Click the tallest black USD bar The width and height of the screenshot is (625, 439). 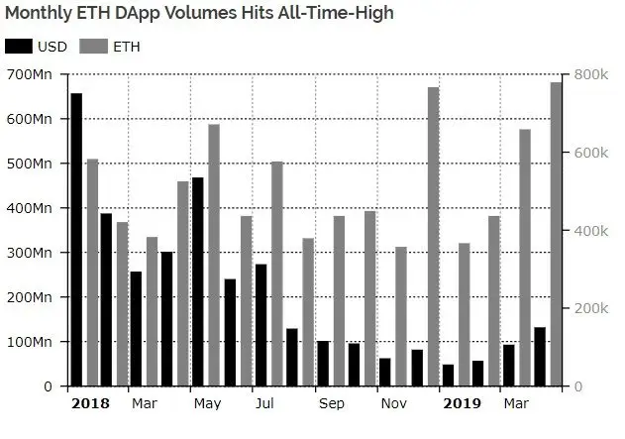point(76,239)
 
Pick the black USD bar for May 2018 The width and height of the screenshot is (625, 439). point(198,281)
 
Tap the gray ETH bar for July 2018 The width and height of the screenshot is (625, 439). point(276,274)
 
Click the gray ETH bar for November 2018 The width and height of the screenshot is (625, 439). point(401,316)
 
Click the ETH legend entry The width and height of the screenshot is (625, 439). point(110,47)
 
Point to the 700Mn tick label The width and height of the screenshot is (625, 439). point(34,74)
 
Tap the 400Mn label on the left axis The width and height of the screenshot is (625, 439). point(34,208)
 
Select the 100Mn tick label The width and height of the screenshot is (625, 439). point(34,342)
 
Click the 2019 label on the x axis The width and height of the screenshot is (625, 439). point(462,403)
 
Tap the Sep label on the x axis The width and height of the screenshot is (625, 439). point(332,403)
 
